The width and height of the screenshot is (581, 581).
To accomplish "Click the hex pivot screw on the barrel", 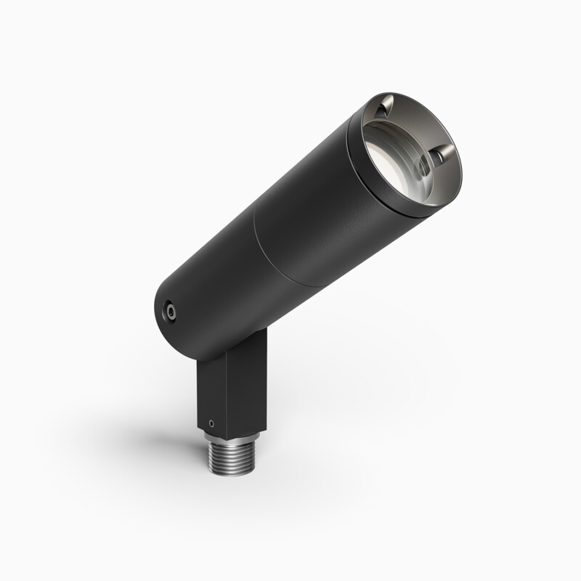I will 170,310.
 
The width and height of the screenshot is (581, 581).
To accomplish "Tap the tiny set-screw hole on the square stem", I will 211,420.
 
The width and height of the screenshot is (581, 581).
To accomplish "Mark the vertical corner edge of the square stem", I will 225,392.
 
